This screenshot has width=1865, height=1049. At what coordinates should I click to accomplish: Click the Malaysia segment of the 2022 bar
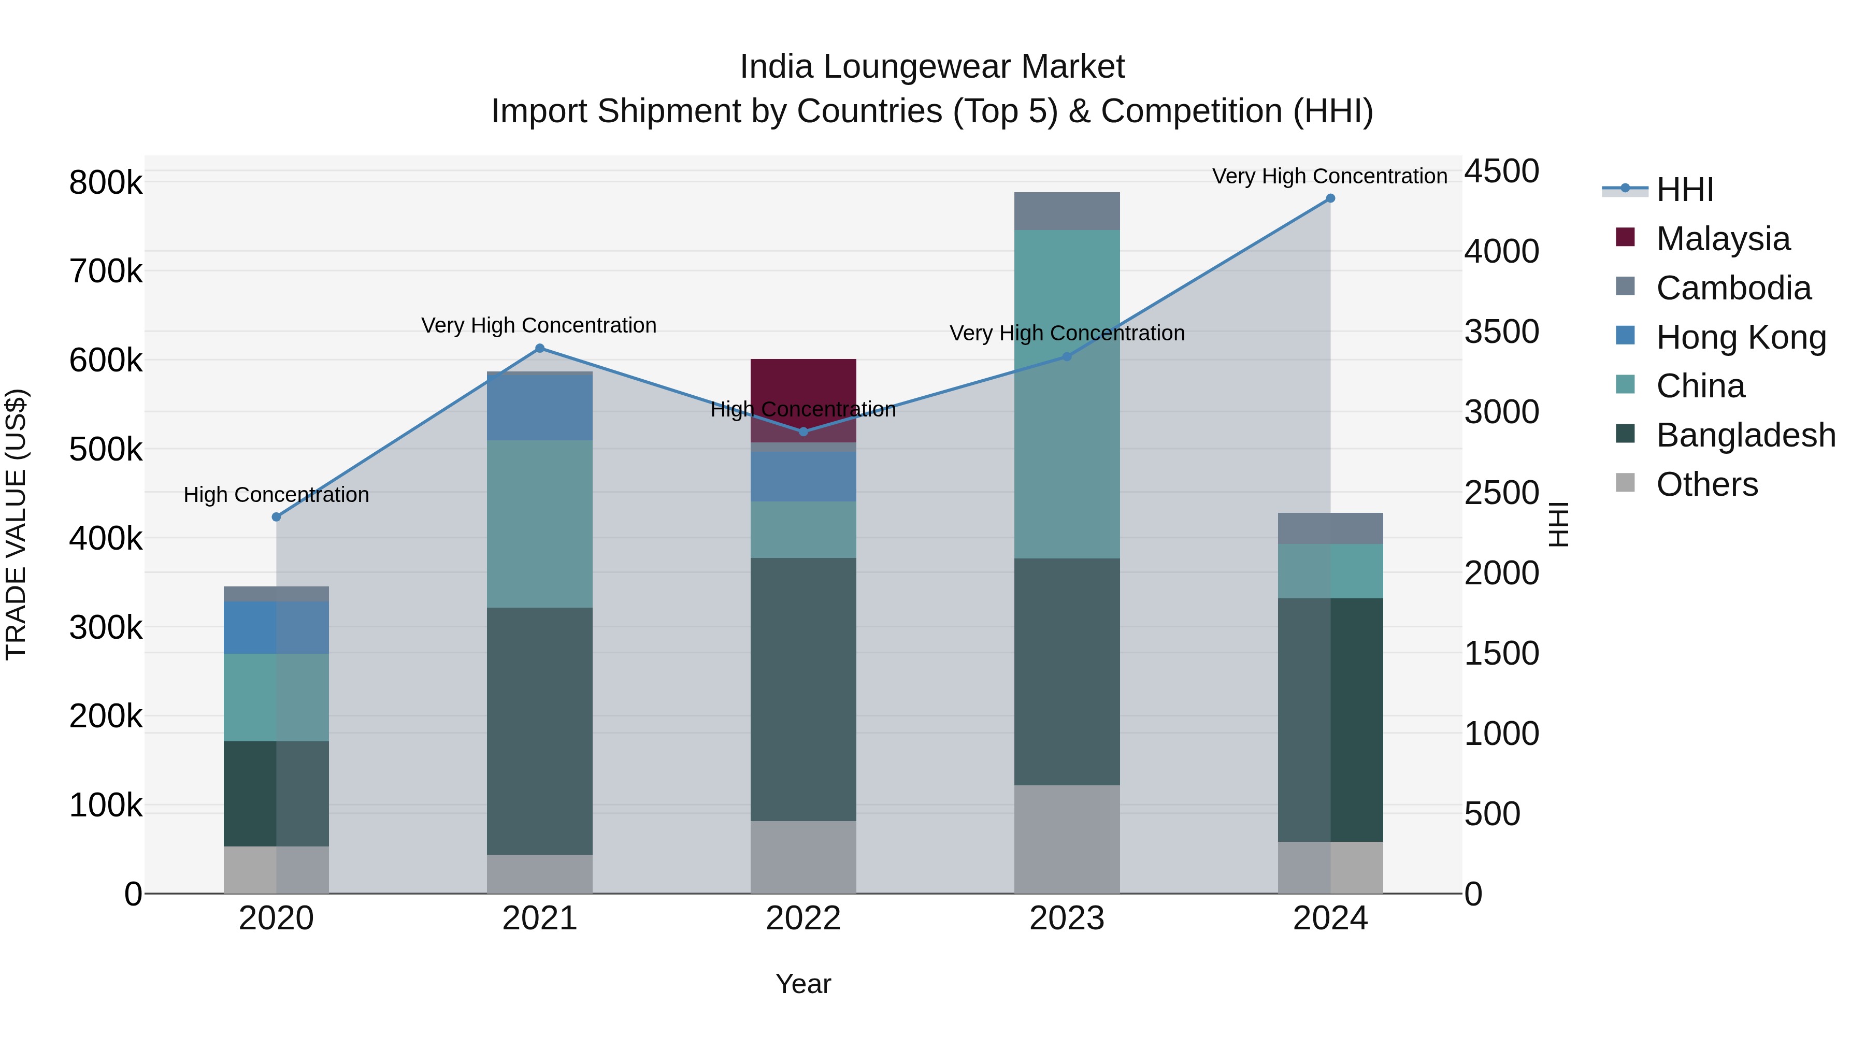pos(803,384)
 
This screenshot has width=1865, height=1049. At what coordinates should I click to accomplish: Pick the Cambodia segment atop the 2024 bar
pos(1330,528)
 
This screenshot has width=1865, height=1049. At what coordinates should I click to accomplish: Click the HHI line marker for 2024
pos(1330,198)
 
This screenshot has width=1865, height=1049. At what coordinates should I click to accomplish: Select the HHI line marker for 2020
pos(276,517)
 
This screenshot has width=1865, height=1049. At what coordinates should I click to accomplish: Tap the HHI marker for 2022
pos(803,432)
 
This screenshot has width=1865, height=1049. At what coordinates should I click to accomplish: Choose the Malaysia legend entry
pos(1723,239)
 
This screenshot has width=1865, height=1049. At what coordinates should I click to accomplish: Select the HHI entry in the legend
pos(1684,190)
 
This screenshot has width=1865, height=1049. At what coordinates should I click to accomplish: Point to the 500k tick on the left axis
pos(106,450)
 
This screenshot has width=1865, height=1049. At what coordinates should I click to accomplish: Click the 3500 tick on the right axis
pos(1501,332)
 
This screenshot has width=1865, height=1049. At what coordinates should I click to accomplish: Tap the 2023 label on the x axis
pos(1067,918)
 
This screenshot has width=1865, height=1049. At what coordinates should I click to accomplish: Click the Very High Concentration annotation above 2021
pos(539,326)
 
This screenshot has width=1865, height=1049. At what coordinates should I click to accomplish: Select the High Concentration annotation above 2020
pos(276,495)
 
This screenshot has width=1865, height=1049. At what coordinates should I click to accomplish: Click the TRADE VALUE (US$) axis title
pos(17,524)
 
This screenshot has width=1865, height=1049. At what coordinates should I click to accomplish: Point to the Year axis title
pos(803,984)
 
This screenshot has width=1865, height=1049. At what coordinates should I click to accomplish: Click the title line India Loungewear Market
pos(932,67)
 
